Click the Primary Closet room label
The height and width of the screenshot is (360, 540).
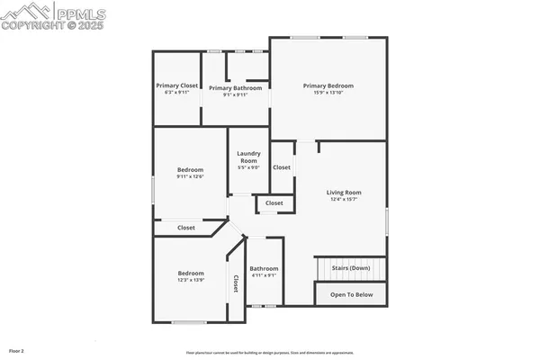coord(176,85)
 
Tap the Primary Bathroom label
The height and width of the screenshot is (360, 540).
coord(236,88)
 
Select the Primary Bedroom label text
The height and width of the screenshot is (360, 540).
coord(328,85)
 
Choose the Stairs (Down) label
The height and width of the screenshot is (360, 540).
coord(350,268)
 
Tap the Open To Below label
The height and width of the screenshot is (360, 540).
coord(350,294)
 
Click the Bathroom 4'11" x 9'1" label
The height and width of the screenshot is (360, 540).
coord(264,268)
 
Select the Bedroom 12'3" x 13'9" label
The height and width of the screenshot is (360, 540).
coord(191,273)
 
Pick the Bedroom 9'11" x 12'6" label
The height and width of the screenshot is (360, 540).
coord(190,169)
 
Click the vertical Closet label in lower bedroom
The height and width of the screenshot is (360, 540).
coord(236,283)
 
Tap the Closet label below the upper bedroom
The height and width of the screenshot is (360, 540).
coord(186,228)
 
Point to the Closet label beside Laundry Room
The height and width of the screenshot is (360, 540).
coord(282,167)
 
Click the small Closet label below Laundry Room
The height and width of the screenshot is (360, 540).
coord(274,203)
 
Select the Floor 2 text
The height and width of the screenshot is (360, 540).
coord(16,350)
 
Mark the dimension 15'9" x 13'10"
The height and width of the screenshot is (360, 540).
coord(328,92)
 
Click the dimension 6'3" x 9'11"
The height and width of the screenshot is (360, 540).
coord(176,92)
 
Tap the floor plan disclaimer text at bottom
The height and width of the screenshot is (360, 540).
coord(269,352)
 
